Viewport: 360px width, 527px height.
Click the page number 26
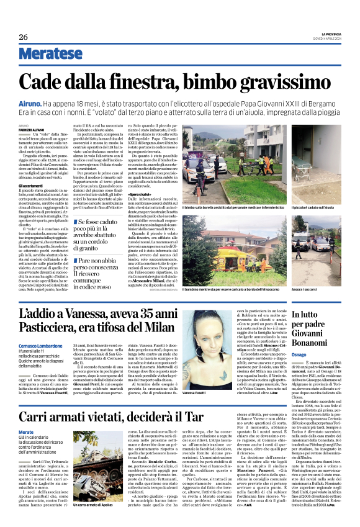click(24, 37)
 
